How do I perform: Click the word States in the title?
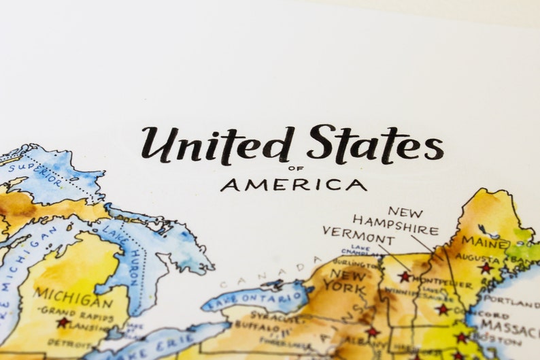coord(375,144)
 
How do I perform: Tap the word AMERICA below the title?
coord(293,184)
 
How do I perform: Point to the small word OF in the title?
coord(293,169)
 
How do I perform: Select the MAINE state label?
coord(486,242)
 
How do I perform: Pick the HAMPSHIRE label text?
coord(395,225)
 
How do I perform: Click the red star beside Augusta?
coord(485,268)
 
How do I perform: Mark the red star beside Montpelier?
coord(405,277)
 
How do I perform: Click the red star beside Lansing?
coord(63,323)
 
